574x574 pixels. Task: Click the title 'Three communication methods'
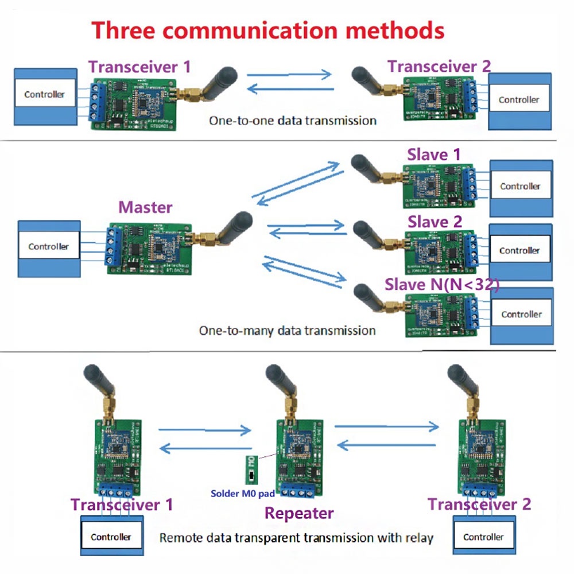[268, 30]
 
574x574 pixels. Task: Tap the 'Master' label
[145, 207]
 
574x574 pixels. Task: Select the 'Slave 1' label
[434, 154]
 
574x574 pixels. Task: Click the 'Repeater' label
[299, 513]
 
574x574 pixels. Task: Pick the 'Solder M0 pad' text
[243, 493]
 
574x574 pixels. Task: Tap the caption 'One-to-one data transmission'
[293, 121]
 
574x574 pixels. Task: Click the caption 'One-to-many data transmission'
[287, 331]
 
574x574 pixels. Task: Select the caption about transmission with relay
[296, 538]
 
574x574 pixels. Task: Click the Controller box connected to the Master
[48, 247]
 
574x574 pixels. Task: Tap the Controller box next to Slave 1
[520, 186]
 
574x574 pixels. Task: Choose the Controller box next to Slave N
[521, 315]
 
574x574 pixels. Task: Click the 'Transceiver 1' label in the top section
[139, 67]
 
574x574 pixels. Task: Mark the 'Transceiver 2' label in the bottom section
[479, 505]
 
